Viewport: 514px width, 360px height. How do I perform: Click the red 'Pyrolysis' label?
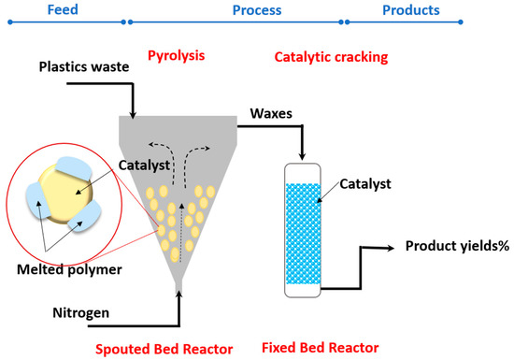point(176,56)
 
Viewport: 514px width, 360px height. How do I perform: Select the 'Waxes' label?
point(271,114)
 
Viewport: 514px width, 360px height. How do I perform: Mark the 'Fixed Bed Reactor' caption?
point(321,347)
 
